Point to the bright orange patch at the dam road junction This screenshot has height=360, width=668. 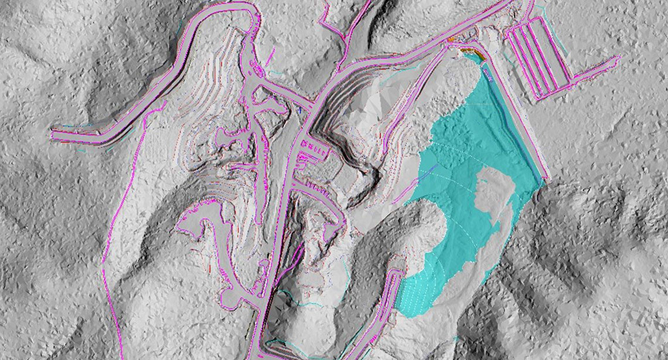point(452,39)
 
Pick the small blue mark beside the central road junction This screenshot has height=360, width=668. point(298,108)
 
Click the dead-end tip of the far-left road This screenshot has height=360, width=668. point(54,135)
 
